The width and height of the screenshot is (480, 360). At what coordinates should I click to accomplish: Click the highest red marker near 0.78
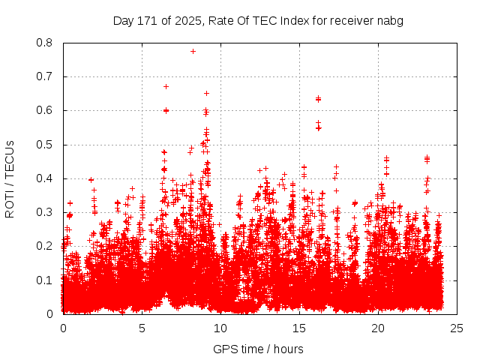[193, 51]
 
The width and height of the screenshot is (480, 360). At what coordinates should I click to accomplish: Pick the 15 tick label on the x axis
[299, 328]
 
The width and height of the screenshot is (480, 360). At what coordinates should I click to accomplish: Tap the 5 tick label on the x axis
[142, 328]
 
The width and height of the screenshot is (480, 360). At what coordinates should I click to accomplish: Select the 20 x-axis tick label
[378, 328]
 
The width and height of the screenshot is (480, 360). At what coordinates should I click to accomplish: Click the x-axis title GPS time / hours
[258, 349]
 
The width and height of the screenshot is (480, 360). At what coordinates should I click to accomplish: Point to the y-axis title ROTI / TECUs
[10, 178]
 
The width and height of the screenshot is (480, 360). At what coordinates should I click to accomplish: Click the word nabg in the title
[390, 21]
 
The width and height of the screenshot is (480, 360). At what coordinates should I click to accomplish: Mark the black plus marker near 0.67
[166, 86]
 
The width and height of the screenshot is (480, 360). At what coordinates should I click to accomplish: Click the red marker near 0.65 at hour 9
[206, 93]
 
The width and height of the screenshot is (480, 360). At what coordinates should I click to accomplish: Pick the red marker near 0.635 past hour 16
[318, 98]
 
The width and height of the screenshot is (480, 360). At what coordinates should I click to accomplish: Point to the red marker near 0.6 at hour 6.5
[166, 110]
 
